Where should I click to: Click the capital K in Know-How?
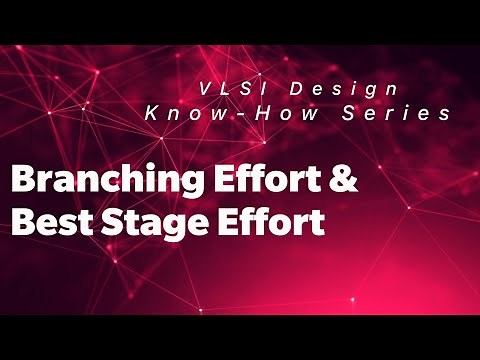coord(150,115)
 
